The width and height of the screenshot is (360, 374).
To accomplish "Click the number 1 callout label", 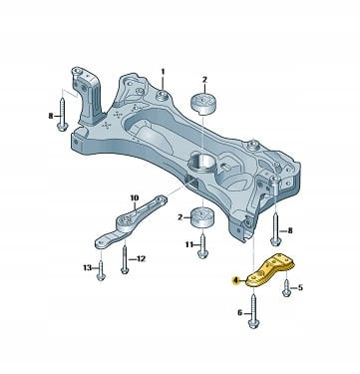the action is tap(163, 72).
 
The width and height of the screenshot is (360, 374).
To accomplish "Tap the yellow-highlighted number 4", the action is tap(235, 281).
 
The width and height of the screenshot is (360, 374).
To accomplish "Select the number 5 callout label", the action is tap(300, 287).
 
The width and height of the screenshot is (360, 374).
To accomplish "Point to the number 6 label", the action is tap(240, 313).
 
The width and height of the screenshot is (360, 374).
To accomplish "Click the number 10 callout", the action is tap(134, 198).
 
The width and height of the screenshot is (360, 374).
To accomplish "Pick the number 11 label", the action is tap(189, 245).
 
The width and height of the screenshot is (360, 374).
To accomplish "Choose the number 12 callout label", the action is tap(141, 258).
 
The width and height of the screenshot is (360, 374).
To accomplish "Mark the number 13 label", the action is tap(87, 267).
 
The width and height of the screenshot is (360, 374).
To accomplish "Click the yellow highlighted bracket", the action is tap(271, 270).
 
